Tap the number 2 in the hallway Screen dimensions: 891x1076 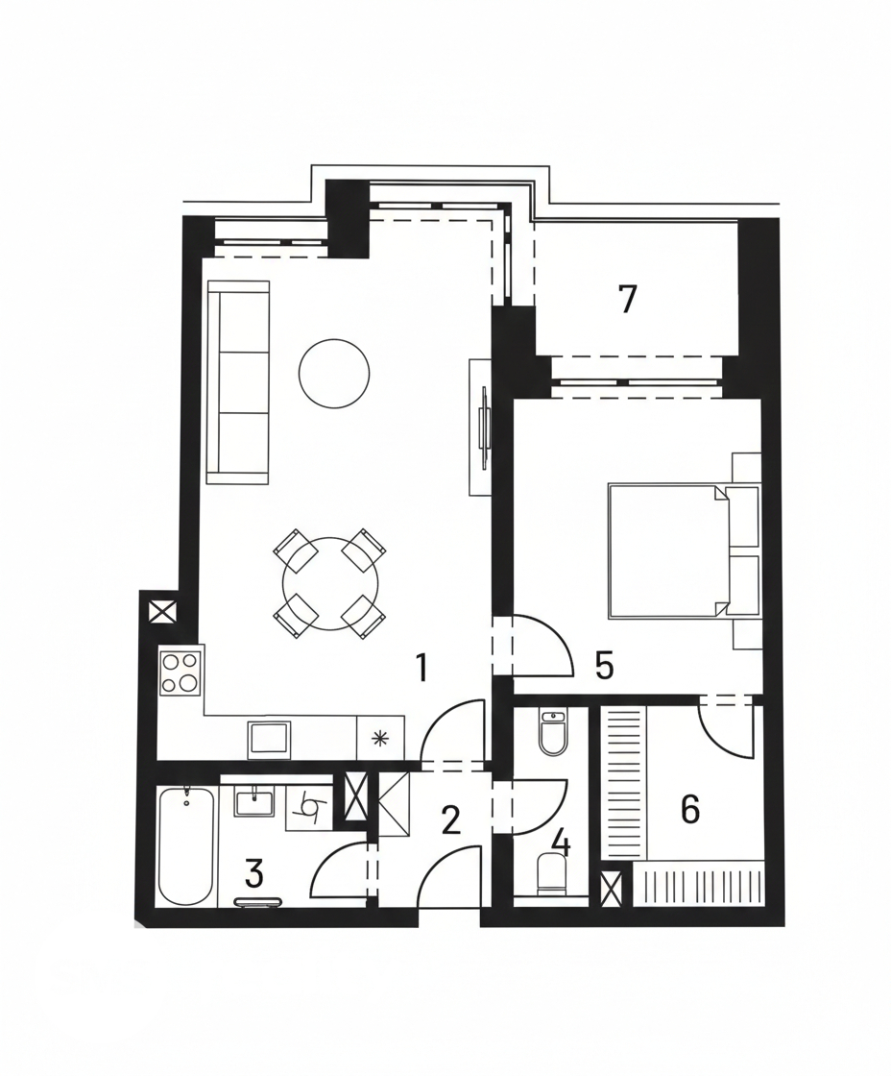coord(450,820)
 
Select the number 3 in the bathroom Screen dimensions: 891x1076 coord(253,873)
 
